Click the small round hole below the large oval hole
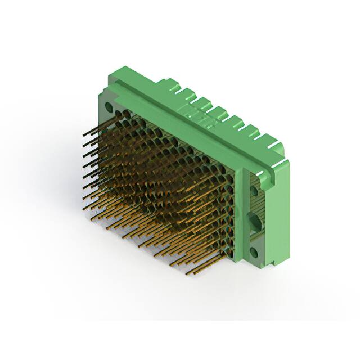pyautogui.click(x=254, y=252)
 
